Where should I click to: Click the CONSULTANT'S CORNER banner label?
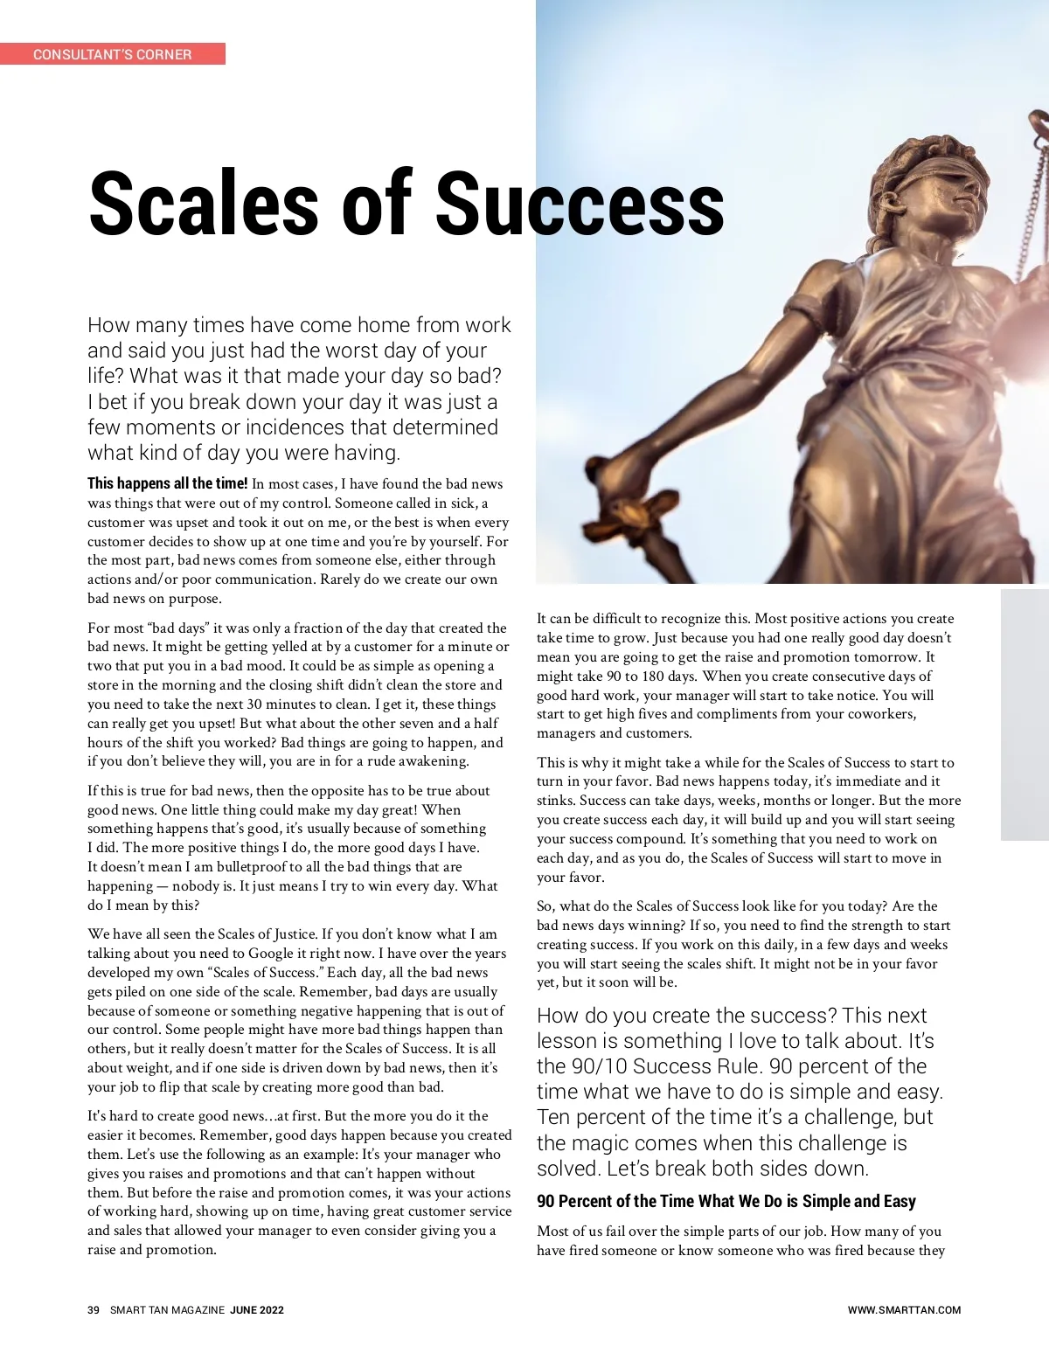click(112, 54)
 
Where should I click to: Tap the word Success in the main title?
click(580, 204)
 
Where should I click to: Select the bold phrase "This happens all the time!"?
click(168, 483)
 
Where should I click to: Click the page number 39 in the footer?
click(94, 1310)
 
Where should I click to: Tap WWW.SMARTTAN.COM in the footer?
click(904, 1310)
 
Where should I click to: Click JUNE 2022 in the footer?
click(257, 1310)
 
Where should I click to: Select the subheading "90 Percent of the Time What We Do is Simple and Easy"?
click(726, 1202)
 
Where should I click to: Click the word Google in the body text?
click(271, 953)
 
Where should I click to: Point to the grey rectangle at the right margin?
click(1025, 715)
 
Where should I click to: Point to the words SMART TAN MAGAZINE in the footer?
click(167, 1310)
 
